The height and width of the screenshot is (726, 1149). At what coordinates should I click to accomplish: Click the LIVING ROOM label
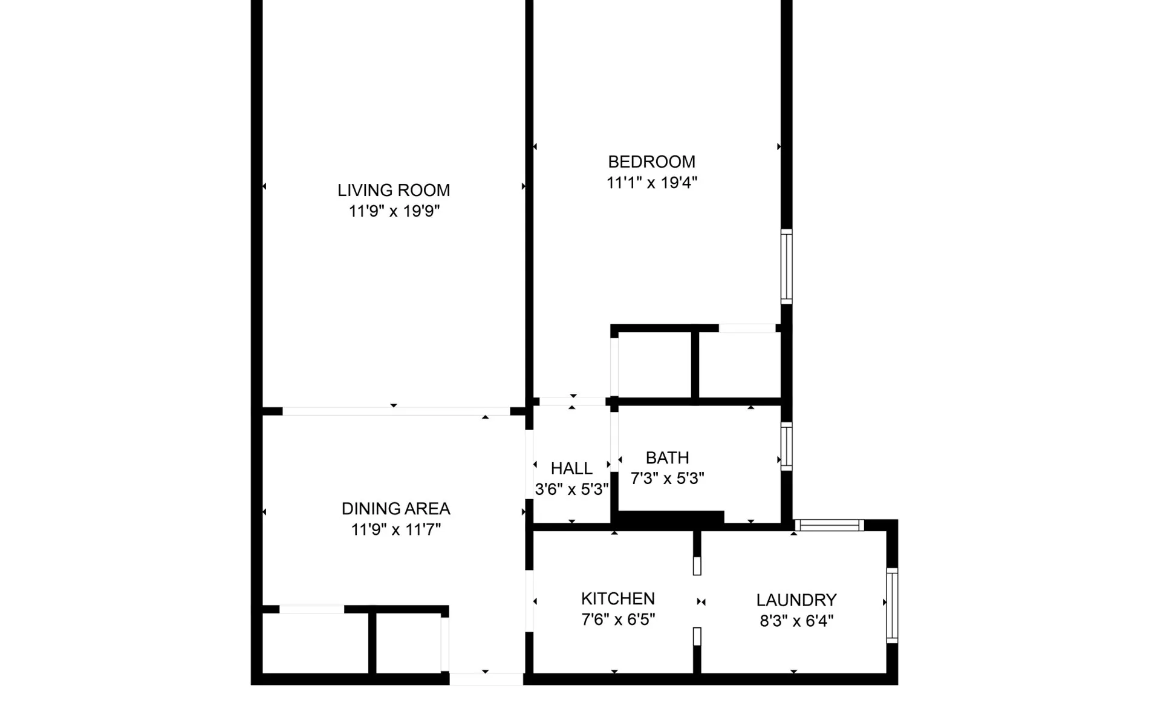(x=394, y=191)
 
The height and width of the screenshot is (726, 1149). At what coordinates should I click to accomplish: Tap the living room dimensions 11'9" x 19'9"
(x=394, y=211)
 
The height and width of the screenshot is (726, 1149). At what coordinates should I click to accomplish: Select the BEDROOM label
(x=651, y=162)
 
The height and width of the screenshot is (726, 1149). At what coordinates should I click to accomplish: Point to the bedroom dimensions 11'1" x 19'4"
(x=651, y=183)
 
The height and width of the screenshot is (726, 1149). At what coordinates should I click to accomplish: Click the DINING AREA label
(x=395, y=509)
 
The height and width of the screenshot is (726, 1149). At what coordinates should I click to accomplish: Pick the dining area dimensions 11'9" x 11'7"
(x=395, y=530)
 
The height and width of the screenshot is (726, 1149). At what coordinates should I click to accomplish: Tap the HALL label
(x=571, y=469)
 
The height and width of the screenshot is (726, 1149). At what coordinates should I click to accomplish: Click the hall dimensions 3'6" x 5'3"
(x=571, y=489)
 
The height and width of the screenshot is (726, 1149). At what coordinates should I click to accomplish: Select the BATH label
(x=667, y=458)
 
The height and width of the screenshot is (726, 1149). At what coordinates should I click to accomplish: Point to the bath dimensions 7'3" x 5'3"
(x=667, y=479)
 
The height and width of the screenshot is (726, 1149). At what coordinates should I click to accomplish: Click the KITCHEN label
(x=617, y=599)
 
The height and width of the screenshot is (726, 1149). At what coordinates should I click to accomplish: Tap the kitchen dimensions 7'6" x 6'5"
(x=617, y=620)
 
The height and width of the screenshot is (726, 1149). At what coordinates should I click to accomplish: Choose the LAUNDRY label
(x=796, y=600)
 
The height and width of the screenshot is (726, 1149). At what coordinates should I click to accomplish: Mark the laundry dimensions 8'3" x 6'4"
(x=796, y=621)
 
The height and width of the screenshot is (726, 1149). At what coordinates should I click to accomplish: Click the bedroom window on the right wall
(x=786, y=267)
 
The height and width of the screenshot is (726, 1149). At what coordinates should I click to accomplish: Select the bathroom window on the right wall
(x=786, y=446)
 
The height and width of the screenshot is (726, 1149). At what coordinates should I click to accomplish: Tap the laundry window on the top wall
(x=828, y=525)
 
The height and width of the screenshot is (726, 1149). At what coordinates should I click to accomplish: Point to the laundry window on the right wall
(x=892, y=605)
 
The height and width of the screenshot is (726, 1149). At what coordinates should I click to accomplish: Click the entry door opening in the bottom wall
(x=486, y=679)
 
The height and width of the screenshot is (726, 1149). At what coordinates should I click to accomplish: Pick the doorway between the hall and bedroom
(x=572, y=401)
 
